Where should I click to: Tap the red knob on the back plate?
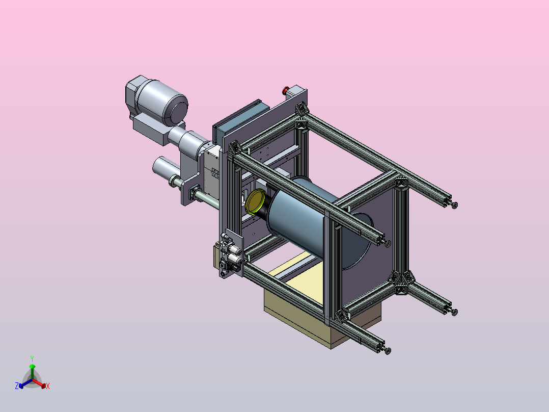click(x=286, y=90)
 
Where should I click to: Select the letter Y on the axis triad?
click(x=32, y=358)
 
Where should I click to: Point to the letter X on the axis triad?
click(x=48, y=386)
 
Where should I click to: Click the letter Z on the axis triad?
click(x=16, y=386)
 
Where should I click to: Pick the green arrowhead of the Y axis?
click(x=32, y=367)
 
